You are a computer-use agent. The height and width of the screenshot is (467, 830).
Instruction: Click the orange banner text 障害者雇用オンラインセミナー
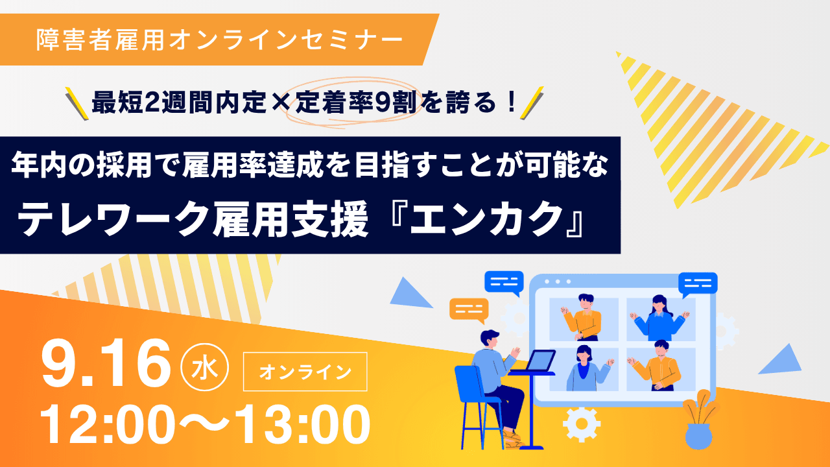pos(219,40)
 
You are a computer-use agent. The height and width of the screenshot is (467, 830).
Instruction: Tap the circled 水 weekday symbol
pos(204,368)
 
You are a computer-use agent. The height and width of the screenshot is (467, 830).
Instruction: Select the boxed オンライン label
pos(305,372)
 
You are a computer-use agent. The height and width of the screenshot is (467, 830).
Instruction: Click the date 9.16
pos(106,364)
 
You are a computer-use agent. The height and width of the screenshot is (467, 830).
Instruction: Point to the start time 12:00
pos(108,424)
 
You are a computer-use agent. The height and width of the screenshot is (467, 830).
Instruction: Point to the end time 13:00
pos(302,424)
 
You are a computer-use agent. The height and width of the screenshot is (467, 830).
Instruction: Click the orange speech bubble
pos(469,311)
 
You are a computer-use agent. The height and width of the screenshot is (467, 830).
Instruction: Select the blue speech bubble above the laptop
pos(504,283)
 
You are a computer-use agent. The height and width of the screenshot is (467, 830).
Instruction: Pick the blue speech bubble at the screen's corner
pos(698,285)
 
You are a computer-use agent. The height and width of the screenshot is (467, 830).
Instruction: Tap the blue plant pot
pos(698,437)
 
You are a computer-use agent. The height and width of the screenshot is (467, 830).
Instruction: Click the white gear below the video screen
pos(582,424)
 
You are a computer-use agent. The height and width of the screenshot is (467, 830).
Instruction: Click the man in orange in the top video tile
pos(583,318)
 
